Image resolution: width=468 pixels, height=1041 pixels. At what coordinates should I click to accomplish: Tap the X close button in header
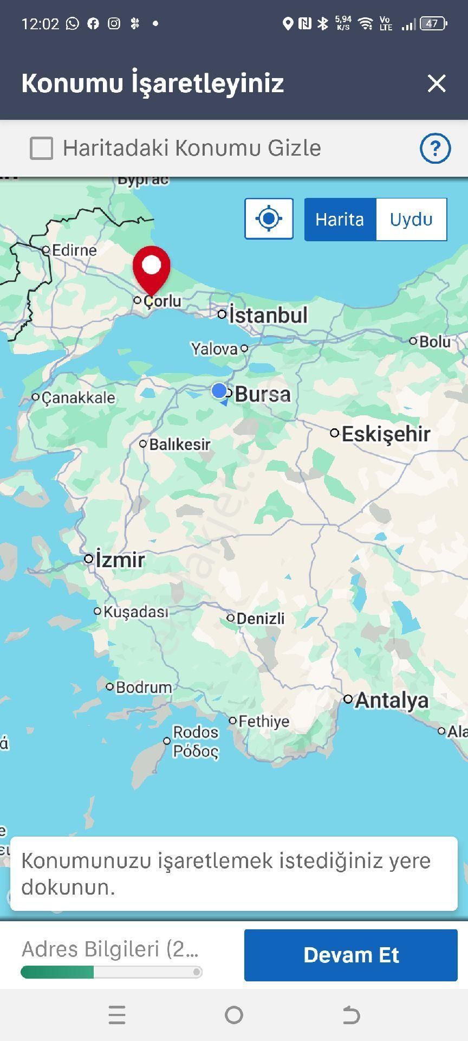point(436,83)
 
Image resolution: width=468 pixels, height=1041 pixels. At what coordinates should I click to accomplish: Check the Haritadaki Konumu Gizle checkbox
point(42,148)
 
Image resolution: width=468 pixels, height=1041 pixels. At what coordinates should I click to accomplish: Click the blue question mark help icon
point(435,148)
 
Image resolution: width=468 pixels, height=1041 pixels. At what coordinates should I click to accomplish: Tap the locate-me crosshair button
point(269,219)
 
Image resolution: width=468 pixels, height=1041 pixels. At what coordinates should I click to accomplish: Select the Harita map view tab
point(340,220)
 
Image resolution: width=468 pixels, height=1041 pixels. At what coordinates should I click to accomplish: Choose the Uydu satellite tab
point(411,220)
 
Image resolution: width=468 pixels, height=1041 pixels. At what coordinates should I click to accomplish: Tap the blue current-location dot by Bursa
point(219,390)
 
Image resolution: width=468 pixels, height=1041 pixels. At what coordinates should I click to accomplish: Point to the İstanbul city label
point(268,315)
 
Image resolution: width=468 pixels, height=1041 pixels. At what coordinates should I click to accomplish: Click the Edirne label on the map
point(74,250)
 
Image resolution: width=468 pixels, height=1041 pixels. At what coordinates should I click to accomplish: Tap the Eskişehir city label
point(386,434)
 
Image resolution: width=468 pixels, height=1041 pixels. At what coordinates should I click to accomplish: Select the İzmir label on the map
point(120,560)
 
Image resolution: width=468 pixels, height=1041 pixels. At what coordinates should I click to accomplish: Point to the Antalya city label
point(391,700)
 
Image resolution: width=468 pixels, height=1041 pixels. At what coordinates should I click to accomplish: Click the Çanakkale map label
point(78,398)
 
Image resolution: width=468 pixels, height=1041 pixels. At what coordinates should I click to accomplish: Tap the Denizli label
point(260,619)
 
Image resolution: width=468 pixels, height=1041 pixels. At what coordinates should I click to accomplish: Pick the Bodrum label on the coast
point(144,687)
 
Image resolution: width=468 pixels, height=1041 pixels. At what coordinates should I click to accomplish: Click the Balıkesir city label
point(179,445)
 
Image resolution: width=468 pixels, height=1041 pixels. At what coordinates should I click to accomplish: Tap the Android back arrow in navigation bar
point(351,1014)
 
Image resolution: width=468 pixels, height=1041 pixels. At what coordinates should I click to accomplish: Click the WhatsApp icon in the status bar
point(73,23)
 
